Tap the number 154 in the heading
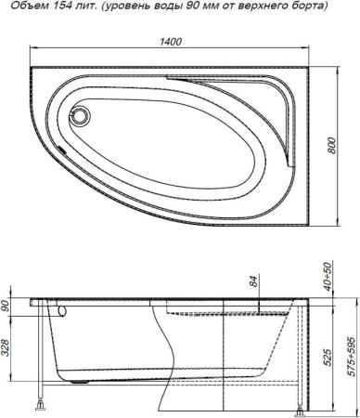click(x=59, y=7)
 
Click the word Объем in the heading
click(x=25, y=7)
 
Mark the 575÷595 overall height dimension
click(x=350, y=355)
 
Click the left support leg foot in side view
click(x=40, y=405)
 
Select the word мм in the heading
click(x=203, y=7)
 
